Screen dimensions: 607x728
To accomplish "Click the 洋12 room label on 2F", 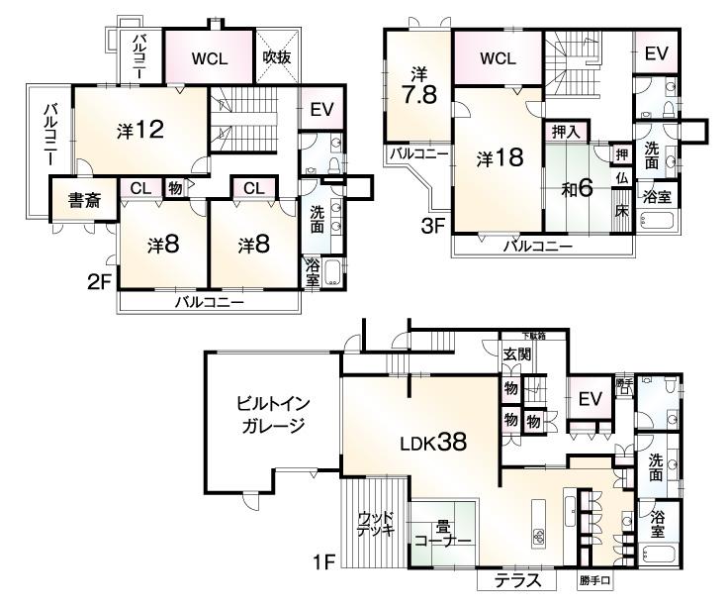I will point(139,129).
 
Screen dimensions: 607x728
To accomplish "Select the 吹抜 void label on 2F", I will point(276,57).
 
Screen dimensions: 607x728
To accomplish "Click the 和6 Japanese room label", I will point(579,187).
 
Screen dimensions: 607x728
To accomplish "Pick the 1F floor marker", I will point(325,563).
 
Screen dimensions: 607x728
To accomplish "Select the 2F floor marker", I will point(98,280).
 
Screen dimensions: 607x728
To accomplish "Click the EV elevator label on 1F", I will point(591,399).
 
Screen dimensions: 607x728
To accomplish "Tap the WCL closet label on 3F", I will point(499,58).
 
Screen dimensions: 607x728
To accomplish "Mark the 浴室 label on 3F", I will point(658,196).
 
